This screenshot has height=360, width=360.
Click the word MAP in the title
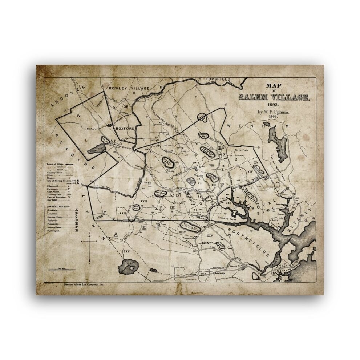point(274,86)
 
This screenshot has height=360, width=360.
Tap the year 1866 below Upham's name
point(273,117)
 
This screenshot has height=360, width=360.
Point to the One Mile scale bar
point(62,270)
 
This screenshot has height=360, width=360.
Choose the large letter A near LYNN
point(116,235)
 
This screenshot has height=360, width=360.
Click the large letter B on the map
point(158,225)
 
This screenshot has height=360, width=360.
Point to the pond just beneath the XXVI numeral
point(128,267)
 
